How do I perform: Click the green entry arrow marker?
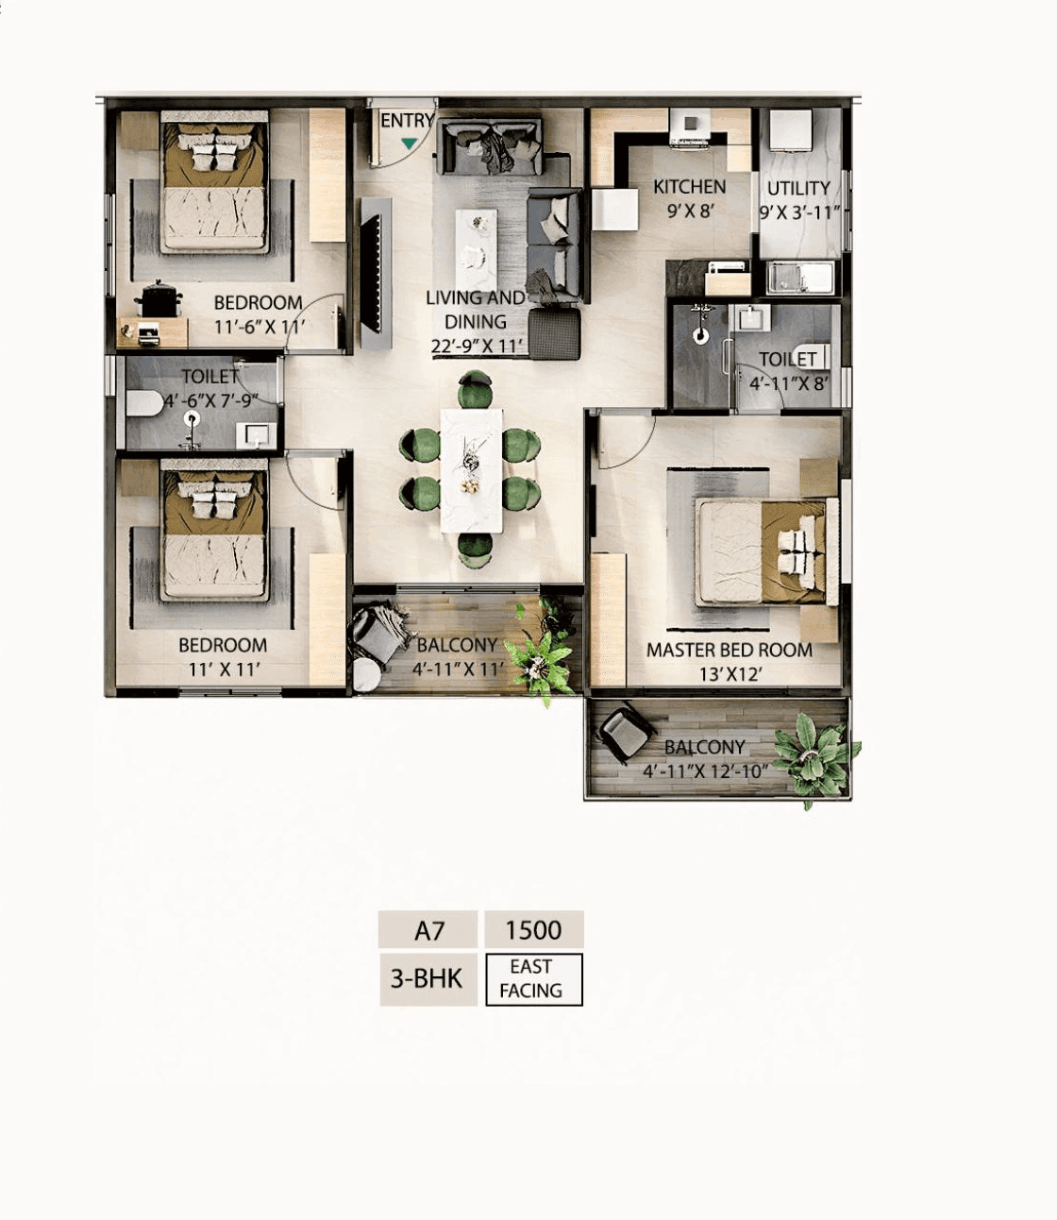[409, 144]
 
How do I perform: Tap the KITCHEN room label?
[690, 187]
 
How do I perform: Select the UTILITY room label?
[798, 188]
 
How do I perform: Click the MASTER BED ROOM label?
[729, 650]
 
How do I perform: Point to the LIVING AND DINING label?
[476, 309]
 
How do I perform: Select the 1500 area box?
[533, 930]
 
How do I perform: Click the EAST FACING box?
[533, 979]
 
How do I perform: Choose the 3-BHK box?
[428, 979]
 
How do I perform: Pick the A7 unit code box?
[428, 930]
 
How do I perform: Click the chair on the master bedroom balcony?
[626, 733]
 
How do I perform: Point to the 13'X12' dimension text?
[730, 674]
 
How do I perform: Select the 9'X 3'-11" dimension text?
[798, 212]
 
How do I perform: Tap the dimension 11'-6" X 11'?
[260, 327]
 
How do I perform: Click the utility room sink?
[800, 279]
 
